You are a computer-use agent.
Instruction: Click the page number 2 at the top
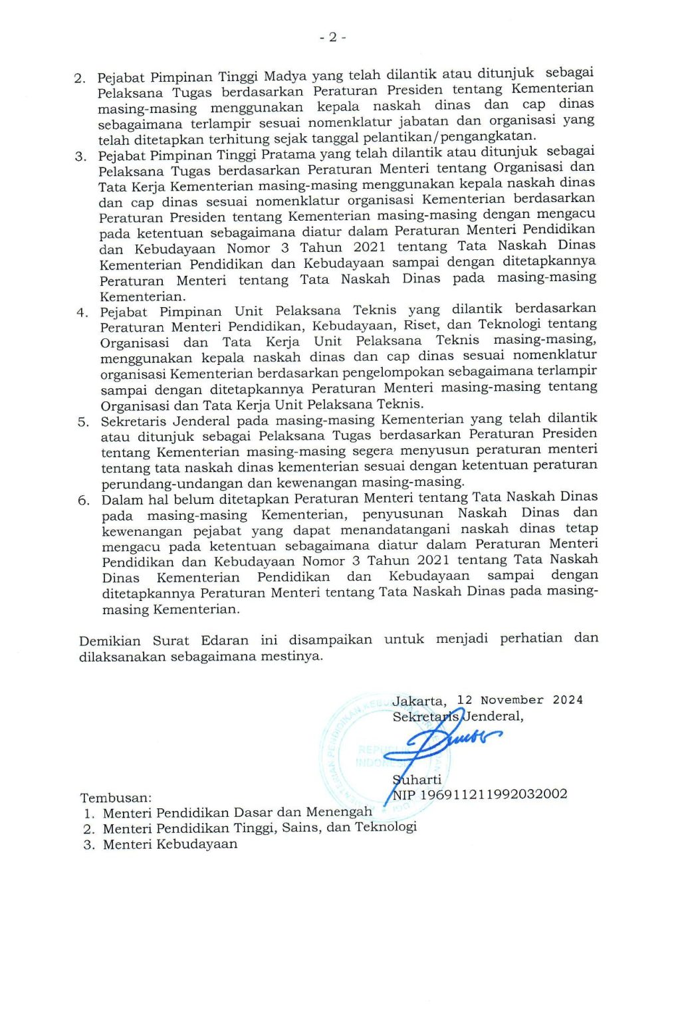332,37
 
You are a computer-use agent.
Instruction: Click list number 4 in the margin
82,313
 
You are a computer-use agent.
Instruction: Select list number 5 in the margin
83,422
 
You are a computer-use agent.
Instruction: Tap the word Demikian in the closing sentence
110,641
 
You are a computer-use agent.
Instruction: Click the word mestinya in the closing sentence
292,656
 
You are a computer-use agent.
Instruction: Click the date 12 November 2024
520,700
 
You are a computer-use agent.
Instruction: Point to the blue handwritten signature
445,741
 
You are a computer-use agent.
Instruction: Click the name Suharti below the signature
417,779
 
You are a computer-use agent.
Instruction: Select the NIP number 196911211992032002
494,794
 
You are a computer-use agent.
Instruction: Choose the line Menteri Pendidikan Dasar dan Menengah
237,812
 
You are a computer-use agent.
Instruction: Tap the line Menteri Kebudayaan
170,844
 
